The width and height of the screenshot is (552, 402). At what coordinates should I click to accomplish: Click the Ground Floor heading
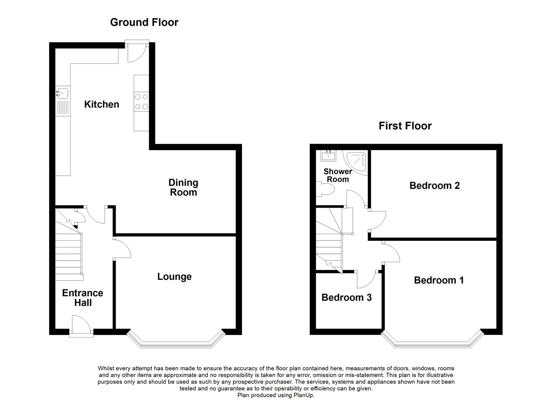[x=144, y=22]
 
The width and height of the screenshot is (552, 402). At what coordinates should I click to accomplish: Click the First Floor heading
[x=405, y=126]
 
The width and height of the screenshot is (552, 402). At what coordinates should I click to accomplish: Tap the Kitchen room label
[x=101, y=104]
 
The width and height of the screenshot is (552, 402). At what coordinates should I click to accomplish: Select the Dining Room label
[x=183, y=188]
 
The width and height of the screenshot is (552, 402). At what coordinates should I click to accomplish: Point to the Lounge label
[x=174, y=277]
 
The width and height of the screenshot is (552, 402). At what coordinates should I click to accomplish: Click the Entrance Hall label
[x=83, y=298]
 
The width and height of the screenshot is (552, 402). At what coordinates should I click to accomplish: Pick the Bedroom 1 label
[x=439, y=280]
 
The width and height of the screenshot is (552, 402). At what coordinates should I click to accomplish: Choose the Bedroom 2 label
[x=435, y=186]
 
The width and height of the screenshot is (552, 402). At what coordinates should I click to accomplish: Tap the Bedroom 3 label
[x=346, y=297]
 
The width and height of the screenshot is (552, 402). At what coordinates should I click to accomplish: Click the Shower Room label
[x=338, y=175]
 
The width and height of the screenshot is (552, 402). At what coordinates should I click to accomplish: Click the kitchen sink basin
[x=63, y=93]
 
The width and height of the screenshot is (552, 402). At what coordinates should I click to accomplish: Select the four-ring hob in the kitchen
[x=142, y=101]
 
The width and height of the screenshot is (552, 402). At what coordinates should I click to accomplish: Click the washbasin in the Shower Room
[x=328, y=156]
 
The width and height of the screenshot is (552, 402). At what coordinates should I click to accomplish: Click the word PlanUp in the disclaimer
[x=304, y=395]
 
